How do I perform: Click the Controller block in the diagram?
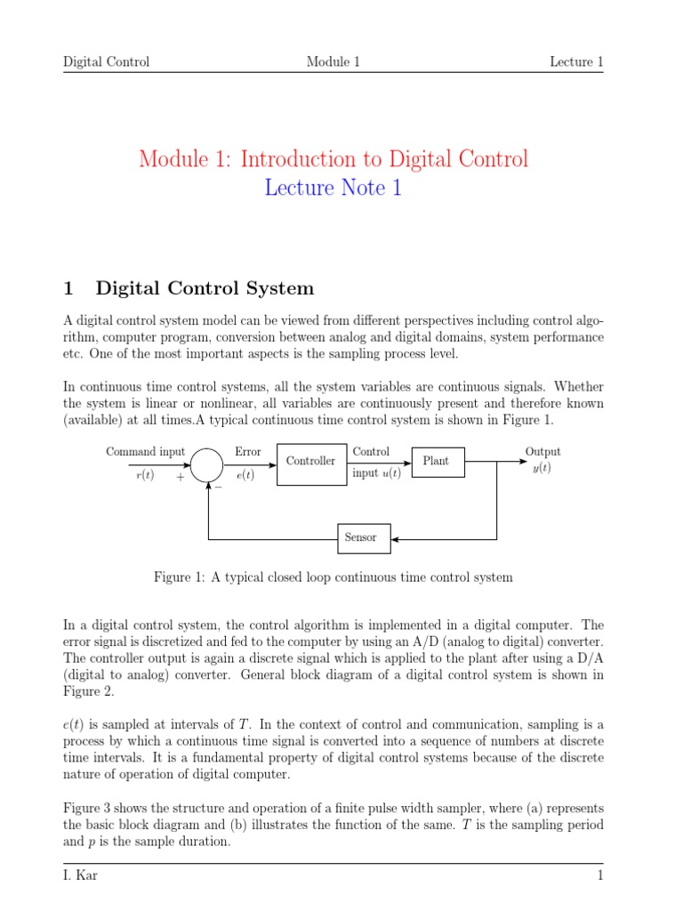[310, 462]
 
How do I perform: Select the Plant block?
[436, 461]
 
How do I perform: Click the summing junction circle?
[207, 463]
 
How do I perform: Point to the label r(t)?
[144, 475]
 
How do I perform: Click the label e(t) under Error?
[245, 475]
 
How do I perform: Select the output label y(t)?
[542, 468]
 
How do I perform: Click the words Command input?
[146, 452]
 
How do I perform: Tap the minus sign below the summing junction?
[218, 486]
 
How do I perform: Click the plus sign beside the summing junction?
[181, 477]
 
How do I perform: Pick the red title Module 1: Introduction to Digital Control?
[333, 159]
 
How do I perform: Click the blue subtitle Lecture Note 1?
[333, 189]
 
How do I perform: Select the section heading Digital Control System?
[205, 288]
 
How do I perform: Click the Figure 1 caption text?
[333, 577]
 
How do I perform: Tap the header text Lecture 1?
[576, 61]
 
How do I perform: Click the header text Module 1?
[333, 61]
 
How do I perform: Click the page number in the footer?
[600, 876]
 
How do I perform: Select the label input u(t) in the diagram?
[376, 473]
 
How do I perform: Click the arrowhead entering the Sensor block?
[396, 538]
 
